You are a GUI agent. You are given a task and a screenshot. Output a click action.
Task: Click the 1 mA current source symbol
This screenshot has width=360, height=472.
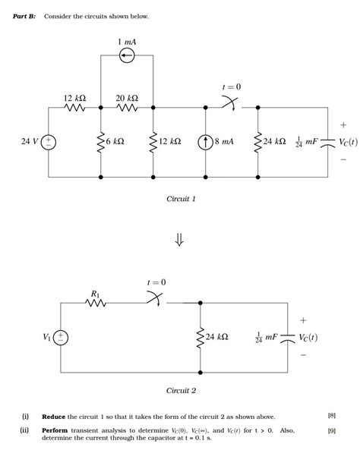(127, 55)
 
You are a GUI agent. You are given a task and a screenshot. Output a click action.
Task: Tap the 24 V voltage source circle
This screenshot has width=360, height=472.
(48, 142)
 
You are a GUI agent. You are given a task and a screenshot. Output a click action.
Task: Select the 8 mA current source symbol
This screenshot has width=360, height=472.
(206, 142)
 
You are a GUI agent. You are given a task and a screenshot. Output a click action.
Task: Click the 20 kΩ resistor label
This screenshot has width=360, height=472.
(127, 99)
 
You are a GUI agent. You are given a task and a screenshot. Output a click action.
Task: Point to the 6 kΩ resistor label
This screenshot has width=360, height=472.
(115, 142)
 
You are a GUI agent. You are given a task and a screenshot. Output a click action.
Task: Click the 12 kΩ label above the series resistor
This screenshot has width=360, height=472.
(74, 99)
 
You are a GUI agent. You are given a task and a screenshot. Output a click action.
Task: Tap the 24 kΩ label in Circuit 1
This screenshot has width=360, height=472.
(275, 142)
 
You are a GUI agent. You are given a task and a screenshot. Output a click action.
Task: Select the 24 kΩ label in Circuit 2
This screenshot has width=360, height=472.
(216, 337)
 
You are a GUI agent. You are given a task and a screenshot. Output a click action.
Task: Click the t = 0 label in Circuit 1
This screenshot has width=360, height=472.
(231, 87)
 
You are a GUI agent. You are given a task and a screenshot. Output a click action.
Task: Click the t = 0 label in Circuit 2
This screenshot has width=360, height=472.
(156, 282)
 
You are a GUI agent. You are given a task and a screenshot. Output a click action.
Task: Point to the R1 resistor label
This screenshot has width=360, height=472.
(95, 292)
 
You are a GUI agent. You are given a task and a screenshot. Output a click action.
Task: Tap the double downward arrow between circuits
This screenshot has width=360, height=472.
(180, 240)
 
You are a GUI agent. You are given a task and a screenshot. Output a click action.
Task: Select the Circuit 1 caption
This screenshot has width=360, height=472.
(181, 199)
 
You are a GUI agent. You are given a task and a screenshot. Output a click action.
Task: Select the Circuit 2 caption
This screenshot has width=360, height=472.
(181, 391)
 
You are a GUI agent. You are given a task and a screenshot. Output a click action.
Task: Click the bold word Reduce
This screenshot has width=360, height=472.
(53, 417)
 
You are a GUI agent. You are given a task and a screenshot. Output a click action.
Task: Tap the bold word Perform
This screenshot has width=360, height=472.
(55, 430)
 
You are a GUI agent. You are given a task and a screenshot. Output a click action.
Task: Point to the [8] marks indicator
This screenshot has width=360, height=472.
(331, 416)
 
